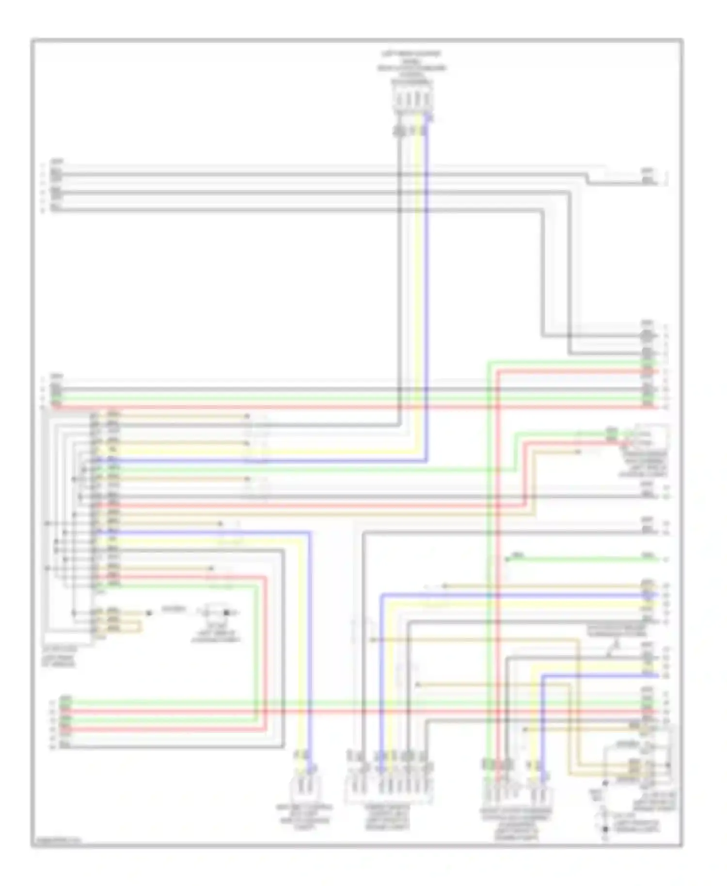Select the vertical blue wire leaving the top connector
tap(427, 291)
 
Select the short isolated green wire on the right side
tap(582, 559)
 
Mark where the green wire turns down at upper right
tap(489, 363)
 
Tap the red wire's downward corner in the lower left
tap(266, 577)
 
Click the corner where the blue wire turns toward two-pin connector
tap(310, 533)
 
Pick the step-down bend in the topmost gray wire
tap(586, 178)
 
